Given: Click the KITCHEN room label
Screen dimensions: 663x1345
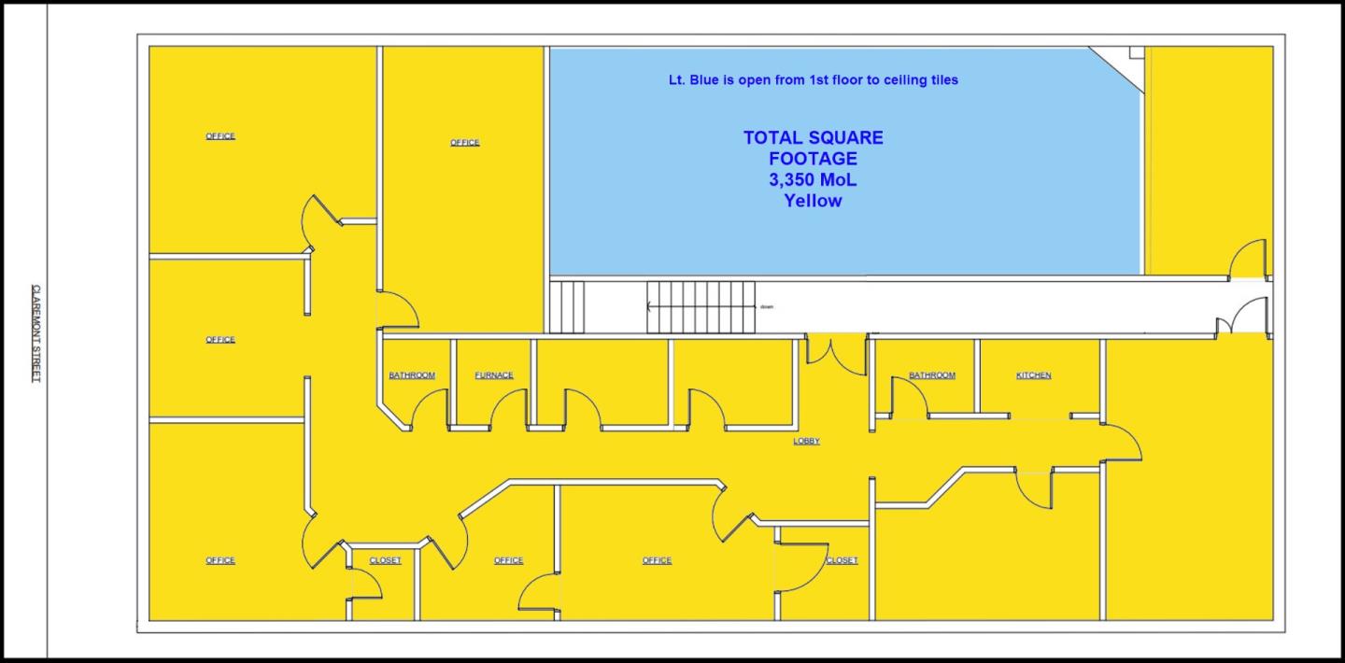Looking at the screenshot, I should tap(1033, 375).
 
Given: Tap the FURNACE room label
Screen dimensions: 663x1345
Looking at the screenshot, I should tap(494, 375).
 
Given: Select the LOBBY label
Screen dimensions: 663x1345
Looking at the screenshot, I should tap(806, 441).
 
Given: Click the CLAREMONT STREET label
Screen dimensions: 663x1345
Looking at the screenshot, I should tap(36, 333).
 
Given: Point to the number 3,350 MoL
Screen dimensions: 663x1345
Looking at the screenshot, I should tap(813, 179).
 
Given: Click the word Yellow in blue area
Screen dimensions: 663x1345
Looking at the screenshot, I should tap(813, 200).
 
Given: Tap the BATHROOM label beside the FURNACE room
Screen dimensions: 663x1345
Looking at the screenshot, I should tap(412, 375).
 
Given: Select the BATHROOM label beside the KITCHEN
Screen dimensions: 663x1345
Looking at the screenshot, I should tap(931, 375).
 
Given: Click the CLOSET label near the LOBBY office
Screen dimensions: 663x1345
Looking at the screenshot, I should tap(842, 560).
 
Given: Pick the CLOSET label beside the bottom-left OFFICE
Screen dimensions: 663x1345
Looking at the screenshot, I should tap(385, 560).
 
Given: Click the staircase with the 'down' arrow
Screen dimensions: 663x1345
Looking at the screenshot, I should tap(701, 306).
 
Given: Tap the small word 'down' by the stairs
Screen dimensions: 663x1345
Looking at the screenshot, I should tap(767, 306).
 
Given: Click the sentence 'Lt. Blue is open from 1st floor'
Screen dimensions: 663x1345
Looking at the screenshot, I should tap(813, 80).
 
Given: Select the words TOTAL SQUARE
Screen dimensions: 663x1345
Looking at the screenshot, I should tap(813, 138).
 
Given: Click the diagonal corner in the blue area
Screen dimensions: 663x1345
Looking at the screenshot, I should tap(1117, 68).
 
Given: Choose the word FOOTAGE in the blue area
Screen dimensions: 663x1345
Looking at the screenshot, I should tap(813, 159).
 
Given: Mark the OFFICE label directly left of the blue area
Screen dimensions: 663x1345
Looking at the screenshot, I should tap(464, 143).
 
